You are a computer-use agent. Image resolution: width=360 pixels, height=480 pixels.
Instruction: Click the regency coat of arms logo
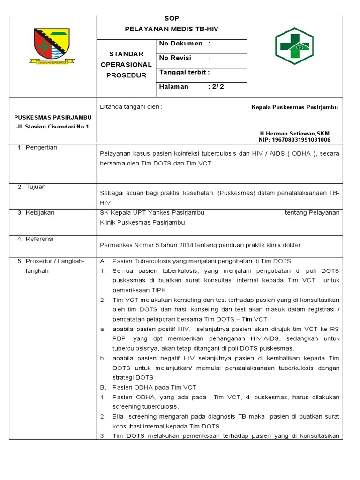coord(52,45)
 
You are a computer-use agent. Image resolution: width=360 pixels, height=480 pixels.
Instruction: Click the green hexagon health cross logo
coord(294,45)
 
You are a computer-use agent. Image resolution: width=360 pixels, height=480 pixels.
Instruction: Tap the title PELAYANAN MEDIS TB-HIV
coord(172,29)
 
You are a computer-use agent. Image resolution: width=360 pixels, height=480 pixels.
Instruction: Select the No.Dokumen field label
coord(181,44)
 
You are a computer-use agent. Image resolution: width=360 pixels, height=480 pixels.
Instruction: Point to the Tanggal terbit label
coord(184,72)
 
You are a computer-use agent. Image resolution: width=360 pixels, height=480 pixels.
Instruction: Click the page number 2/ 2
coord(219,86)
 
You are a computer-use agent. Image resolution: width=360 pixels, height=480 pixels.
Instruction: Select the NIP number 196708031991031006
coord(294,140)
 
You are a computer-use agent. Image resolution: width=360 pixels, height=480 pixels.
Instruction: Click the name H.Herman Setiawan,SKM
coord(294,133)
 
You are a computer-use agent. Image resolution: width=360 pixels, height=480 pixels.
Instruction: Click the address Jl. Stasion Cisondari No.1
coord(52,127)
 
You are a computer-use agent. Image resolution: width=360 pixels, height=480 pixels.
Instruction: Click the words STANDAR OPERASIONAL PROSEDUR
coord(126,65)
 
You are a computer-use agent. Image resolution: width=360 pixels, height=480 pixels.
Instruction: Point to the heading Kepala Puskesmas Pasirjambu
coord(294,107)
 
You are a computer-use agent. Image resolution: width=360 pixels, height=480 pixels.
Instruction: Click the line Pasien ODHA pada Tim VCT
coord(154,387)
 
